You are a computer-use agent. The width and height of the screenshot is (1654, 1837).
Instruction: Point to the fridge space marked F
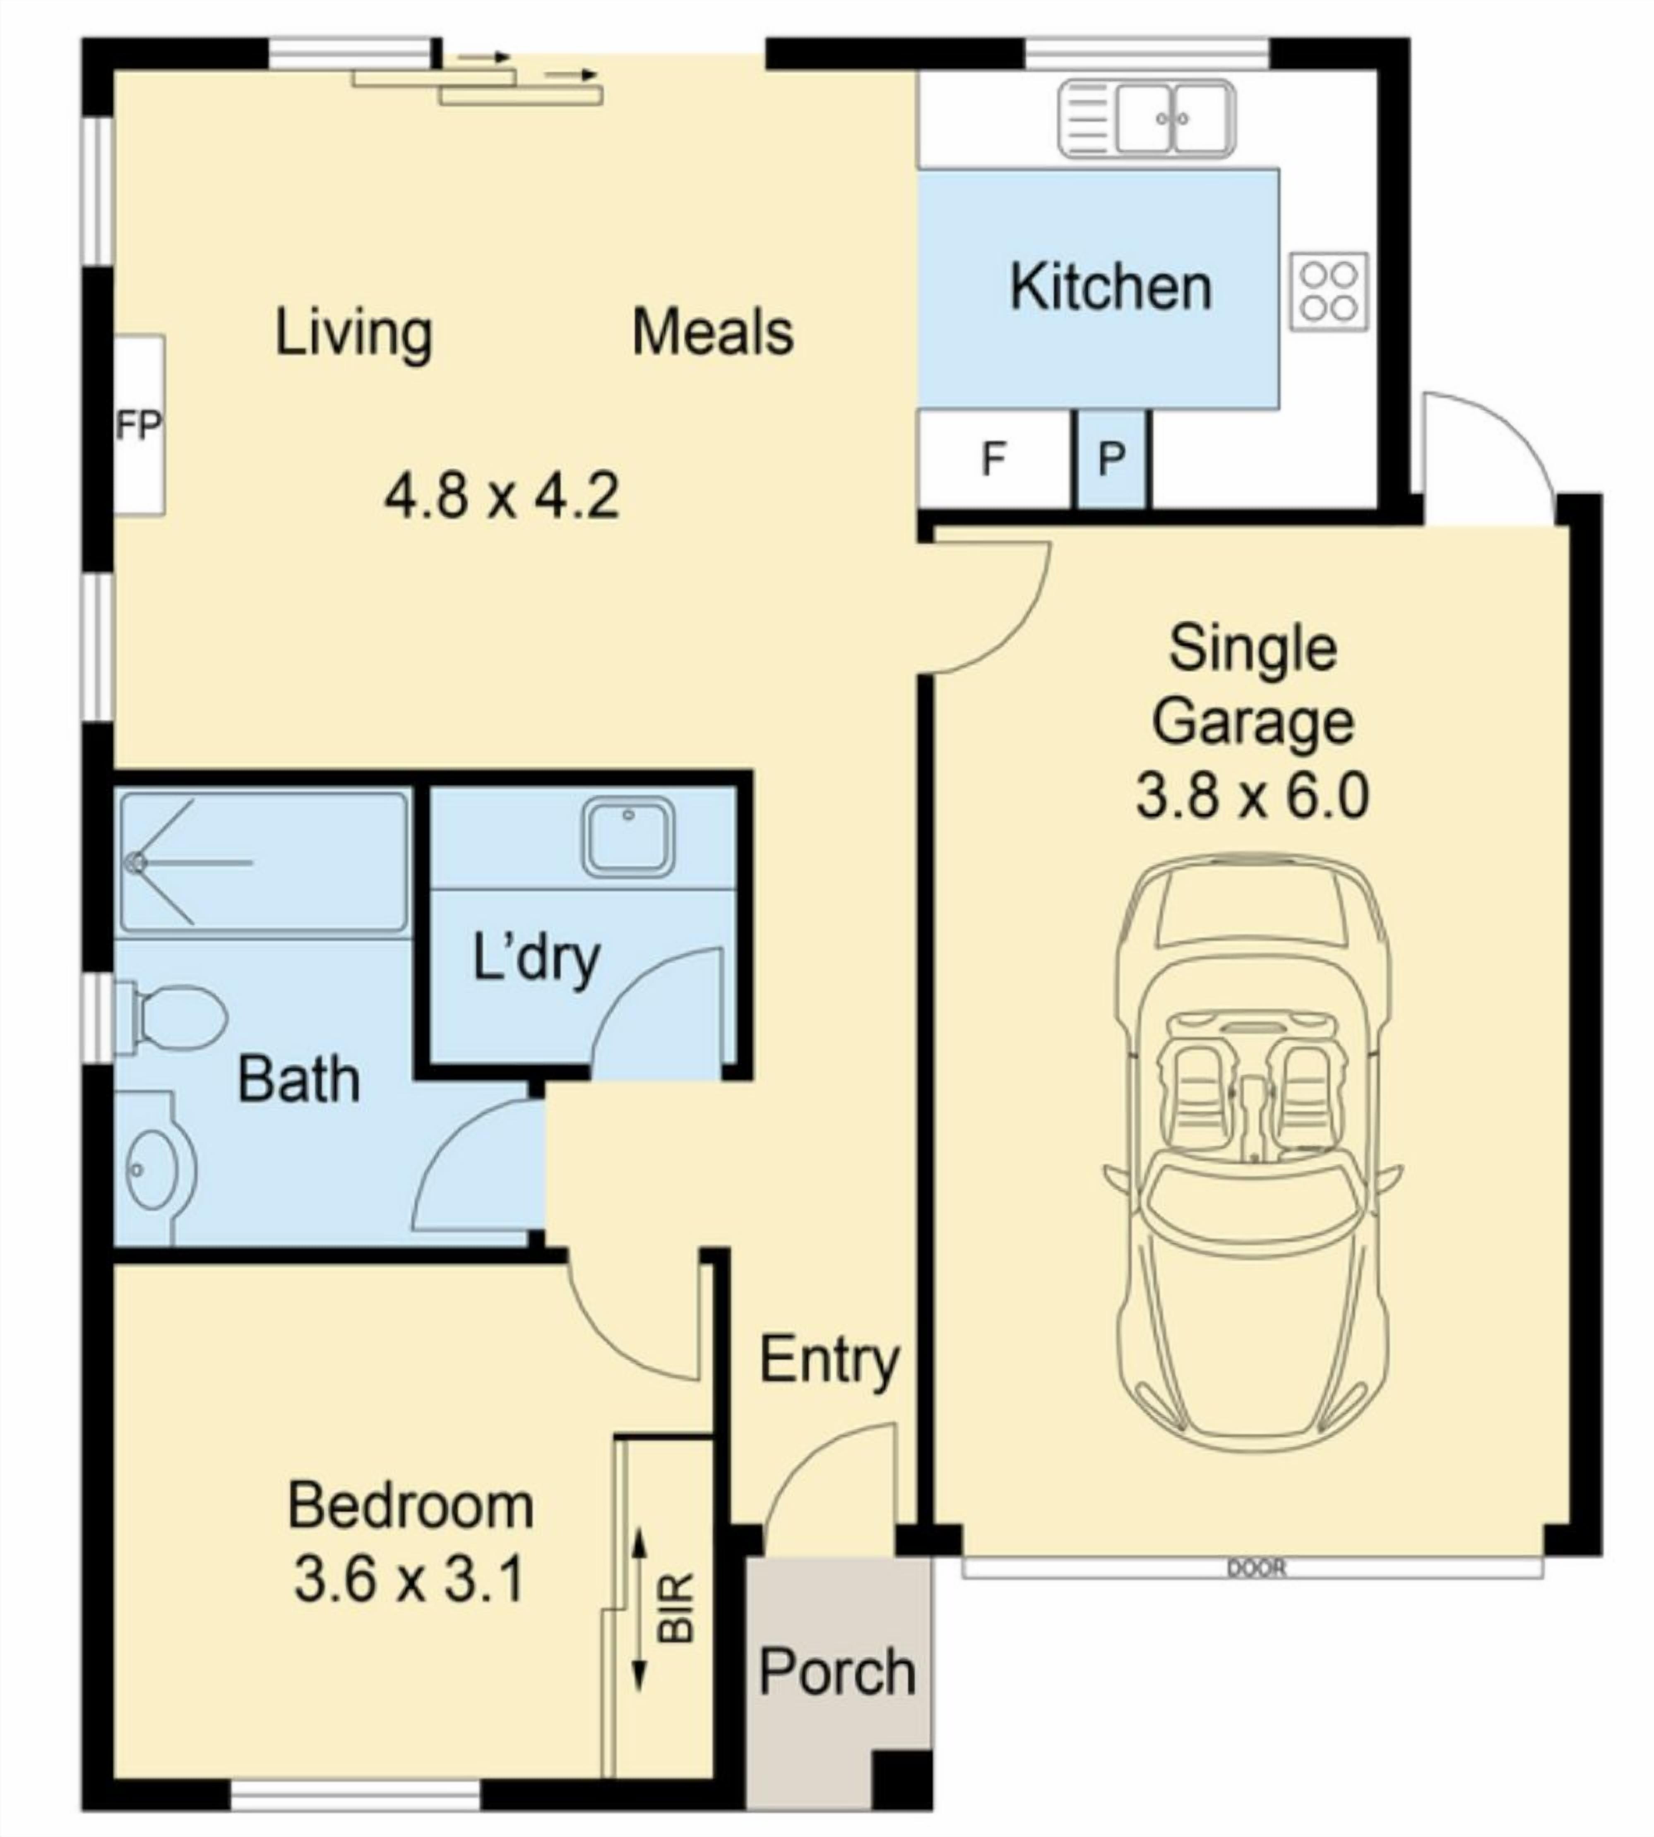(x=993, y=459)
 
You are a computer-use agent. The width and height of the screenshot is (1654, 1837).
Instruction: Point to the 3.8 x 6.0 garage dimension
(x=1253, y=796)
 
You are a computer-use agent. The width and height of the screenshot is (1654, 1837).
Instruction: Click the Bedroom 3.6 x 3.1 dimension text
(x=410, y=1579)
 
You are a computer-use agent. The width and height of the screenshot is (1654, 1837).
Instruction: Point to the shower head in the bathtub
(x=136, y=861)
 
